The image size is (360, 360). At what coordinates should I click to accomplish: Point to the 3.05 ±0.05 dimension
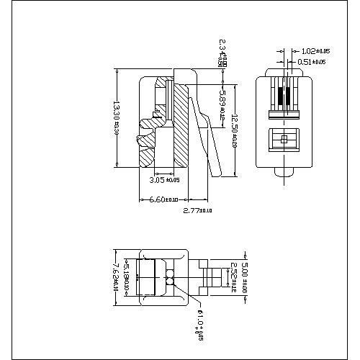(x=163, y=180)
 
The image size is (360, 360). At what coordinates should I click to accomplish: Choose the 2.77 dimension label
(x=198, y=210)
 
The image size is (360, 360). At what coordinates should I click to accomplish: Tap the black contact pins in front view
(x=284, y=98)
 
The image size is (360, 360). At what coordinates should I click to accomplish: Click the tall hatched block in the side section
(x=181, y=126)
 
